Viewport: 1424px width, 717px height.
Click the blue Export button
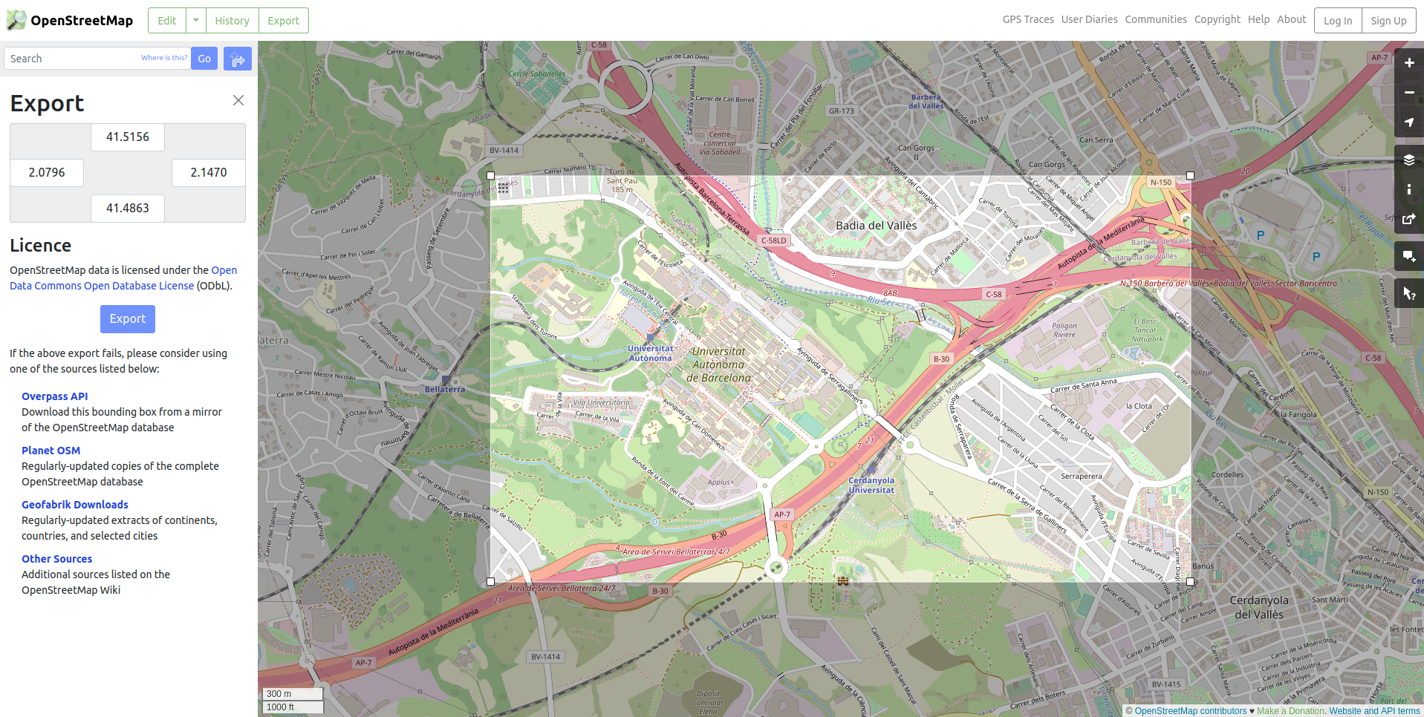pyautogui.click(x=128, y=319)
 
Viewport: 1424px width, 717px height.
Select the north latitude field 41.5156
pyautogui.click(x=128, y=137)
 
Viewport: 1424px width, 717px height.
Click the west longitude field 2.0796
pyautogui.click(x=47, y=173)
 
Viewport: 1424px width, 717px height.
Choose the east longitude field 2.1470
pyautogui.click(x=209, y=173)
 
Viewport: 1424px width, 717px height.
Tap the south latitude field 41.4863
pyautogui.click(x=128, y=209)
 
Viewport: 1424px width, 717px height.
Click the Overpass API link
pyautogui.click(x=54, y=396)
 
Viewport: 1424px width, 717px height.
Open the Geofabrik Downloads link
pyautogui.click(x=74, y=505)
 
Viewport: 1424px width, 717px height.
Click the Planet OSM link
pyautogui.click(x=51, y=451)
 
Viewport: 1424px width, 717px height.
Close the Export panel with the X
pyautogui.click(x=238, y=100)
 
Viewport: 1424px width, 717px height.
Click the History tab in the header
pyautogui.click(x=232, y=21)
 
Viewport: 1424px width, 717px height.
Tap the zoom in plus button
pyautogui.click(x=1408, y=63)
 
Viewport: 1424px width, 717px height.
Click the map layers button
pyautogui.click(x=1408, y=160)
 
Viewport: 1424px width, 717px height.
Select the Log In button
pyautogui.click(x=1337, y=21)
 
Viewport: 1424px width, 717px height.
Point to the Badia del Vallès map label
pyautogui.click(x=876, y=226)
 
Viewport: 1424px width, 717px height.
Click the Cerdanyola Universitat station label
pyautogui.click(x=871, y=485)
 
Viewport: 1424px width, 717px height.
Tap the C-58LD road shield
pyautogui.click(x=773, y=240)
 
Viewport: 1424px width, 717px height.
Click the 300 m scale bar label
pyautogui.click(x=280, y=694)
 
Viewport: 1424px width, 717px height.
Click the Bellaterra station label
pyautogui.click(x=444, y=389)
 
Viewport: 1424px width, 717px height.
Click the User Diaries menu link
pyautogui.click(x=1089, y=19)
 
